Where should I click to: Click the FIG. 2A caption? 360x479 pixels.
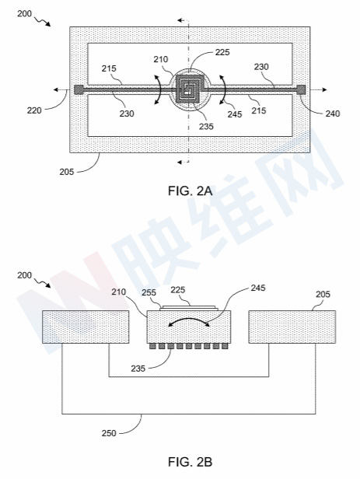(x=190, y=191)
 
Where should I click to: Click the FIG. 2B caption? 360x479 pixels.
(x=190, y=461)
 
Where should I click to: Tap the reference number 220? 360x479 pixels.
(x=34, y=110)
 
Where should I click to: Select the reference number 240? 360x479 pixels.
(x=333, y=114)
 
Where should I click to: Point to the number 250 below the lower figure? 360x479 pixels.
(x=109, y=433)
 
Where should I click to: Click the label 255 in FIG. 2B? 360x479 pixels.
(x=149, y=292)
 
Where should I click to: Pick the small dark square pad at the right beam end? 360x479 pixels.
(x=301, y=89)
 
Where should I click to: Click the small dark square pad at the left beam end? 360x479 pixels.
(x=79, y=89)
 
